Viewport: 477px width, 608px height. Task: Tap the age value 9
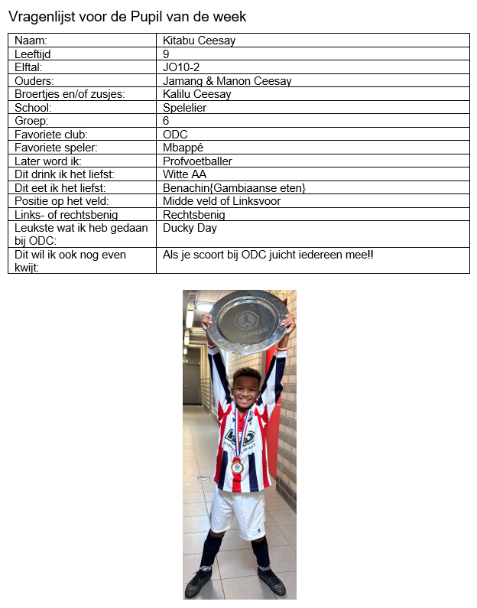tap(166, 54)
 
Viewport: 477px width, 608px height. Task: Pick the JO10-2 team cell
tap(181, 67)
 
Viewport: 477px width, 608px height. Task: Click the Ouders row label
tap(34, 80)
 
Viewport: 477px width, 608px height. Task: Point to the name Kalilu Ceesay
tap(196, 94)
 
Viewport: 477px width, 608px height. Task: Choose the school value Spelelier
tap(185, 108)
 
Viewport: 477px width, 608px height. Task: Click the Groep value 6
tap(166, 121)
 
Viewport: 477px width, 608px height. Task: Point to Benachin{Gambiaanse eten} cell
tap(234, 188)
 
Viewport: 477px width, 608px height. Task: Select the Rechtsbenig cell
tap(194, 215)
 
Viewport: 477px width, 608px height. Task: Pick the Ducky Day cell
tap(190, 228)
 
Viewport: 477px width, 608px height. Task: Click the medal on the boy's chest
tap(236, 466)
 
